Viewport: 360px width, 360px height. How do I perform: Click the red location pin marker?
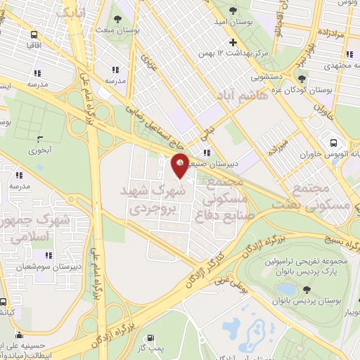coord(180,165)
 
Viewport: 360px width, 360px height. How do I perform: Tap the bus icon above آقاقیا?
coord(33,34)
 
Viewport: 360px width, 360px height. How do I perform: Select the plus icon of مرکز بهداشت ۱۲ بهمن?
coord(233,44)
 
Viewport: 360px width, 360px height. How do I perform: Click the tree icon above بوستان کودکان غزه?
coord(302,79)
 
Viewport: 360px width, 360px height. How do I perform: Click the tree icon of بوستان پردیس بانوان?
coord(307,289)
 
